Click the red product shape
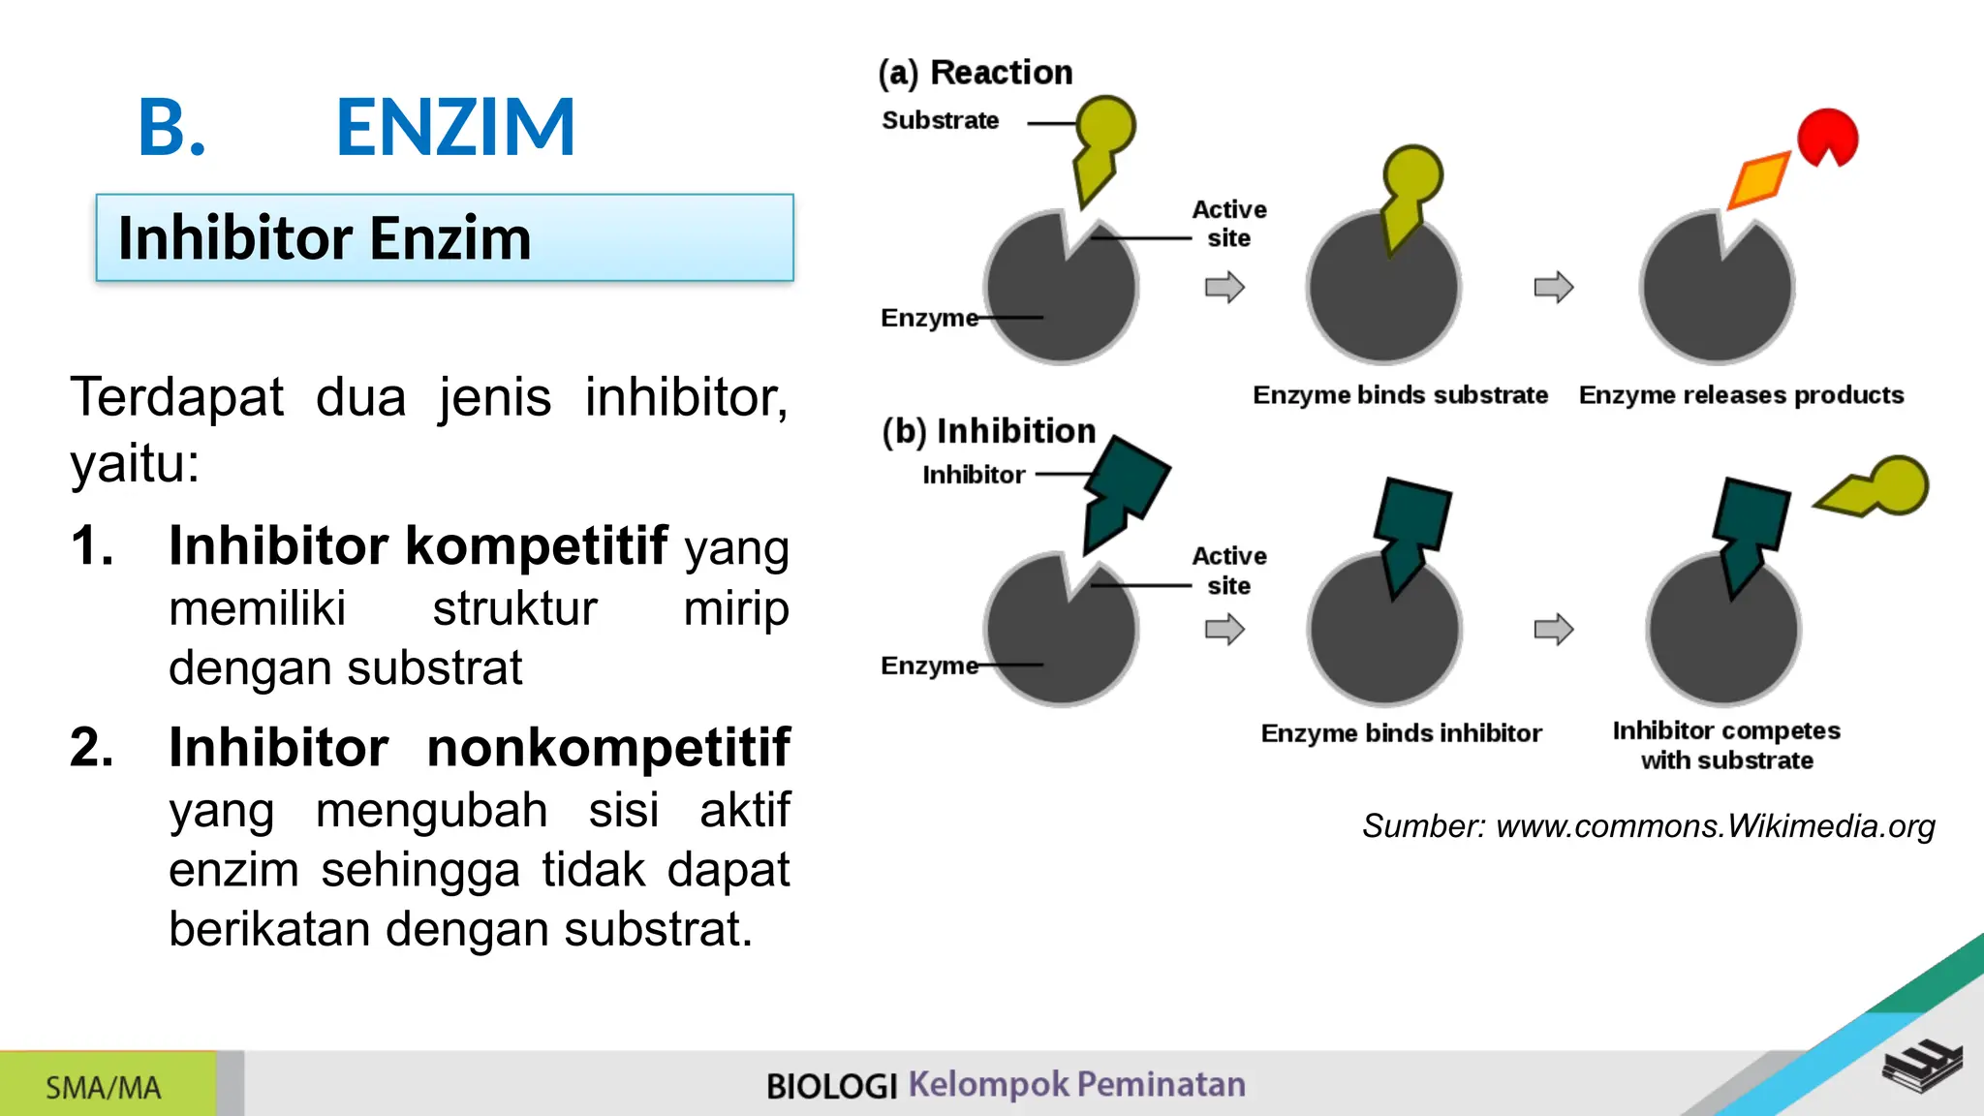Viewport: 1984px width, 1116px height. coord(1827,136)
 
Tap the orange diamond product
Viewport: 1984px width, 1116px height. coord(1759,179)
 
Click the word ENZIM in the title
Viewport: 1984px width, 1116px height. coord(455,127)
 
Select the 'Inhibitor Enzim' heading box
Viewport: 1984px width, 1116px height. coord(445,238)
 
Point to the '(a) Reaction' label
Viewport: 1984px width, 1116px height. coord(976,73)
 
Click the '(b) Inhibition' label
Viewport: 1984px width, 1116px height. coord(989,431)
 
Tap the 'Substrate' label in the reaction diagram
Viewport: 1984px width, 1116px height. coord(940,121)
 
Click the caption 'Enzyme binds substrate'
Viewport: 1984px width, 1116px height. coord(1400,395)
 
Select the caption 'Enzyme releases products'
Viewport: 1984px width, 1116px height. coord(1741,395)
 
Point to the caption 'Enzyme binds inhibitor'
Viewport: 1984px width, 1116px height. coord(1401,733)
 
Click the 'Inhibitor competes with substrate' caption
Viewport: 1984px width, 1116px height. coord(1726,745)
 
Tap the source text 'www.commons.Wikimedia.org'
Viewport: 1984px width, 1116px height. coord(1715,826)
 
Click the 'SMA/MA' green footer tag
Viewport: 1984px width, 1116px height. coord(104,1087)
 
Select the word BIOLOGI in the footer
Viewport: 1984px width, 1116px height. coord(831,1086)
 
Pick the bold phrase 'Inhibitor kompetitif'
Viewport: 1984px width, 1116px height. coord(418,545)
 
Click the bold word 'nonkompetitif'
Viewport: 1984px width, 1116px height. coord(608,748)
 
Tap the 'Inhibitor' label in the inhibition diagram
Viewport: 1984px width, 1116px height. coord(974,475)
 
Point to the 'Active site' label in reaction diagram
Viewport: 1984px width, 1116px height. coord(1228,224)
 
